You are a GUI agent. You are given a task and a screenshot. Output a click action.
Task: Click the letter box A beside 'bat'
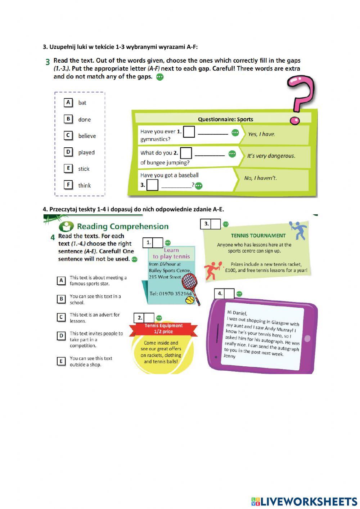[x=68, y=102]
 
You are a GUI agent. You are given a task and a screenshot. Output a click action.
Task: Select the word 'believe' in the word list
[x=87, y=136]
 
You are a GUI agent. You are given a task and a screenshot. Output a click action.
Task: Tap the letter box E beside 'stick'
[x=68, y=168]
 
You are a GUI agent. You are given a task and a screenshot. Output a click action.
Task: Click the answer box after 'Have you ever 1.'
[x=189, y=132]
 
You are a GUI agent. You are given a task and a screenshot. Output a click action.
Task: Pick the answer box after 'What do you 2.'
[x=186, y=153]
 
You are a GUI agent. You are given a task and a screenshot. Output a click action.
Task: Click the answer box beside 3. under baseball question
[x=152, y=185]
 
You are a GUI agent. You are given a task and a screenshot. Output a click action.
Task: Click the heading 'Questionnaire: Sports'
[x=225, y=119]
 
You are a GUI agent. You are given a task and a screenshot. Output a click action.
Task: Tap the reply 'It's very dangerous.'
[x=271, y=156]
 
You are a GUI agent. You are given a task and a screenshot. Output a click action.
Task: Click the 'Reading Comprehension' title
[x=122, y=227]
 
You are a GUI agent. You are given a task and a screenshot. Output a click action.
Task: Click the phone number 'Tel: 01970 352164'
[x=170, y=294]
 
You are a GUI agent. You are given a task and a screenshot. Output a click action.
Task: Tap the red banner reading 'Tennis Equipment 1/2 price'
[x=163, y=329]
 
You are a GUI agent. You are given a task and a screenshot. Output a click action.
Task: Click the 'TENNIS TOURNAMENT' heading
[x=258, y=236]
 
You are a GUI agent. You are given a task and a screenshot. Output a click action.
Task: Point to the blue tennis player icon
[x=298, y=230]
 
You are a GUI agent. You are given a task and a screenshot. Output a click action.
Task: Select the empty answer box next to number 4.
[x=229, y=294]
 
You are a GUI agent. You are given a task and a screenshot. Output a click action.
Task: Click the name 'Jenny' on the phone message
[x=229, y=356]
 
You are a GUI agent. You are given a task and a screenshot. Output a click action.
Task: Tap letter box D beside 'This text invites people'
[x=61, y=336]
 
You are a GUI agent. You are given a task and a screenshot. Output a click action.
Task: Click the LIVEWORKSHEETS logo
[x=304, y=501]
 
